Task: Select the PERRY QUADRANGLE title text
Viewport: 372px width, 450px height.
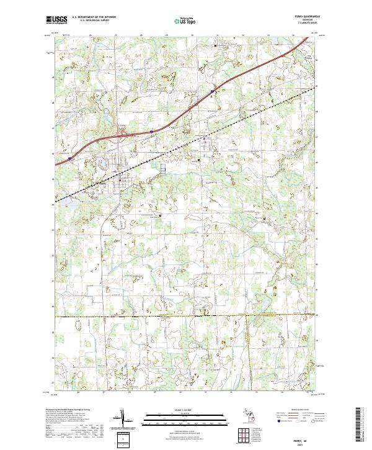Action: click(x=303, y=17)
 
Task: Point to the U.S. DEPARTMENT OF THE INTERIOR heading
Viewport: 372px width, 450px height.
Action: click(x=94, y=17)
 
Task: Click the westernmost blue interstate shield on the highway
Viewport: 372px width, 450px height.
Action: click(x=69, y=158)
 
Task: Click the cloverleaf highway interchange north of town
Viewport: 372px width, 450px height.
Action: click(x=122, y=133)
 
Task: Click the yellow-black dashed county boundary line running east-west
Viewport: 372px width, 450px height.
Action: click(x=186, y=316)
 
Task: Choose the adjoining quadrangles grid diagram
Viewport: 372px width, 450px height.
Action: click(x=242, y=434)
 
